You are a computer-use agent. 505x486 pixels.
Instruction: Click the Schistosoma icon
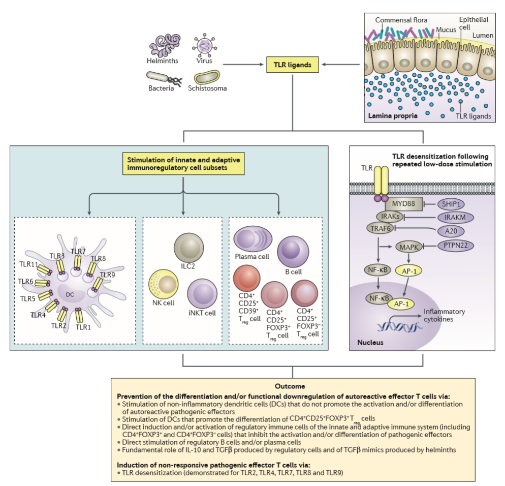click(x=207, y=77)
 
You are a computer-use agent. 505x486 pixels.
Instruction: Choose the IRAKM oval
click(x=454, y=217)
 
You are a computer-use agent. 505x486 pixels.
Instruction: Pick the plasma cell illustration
click(x=253, y=239)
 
